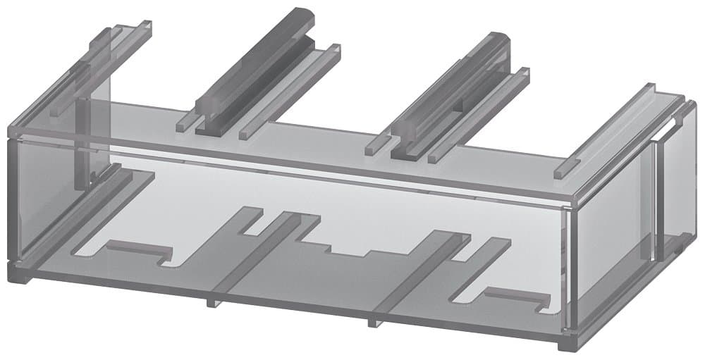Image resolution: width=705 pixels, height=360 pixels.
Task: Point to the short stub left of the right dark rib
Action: [374, 146]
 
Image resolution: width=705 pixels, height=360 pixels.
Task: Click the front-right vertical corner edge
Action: [572, 268]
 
